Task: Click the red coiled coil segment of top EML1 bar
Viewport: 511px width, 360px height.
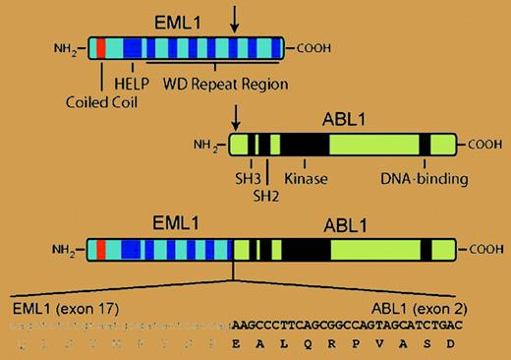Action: (101, 48)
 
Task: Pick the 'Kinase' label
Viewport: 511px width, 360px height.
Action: (306, 180)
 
